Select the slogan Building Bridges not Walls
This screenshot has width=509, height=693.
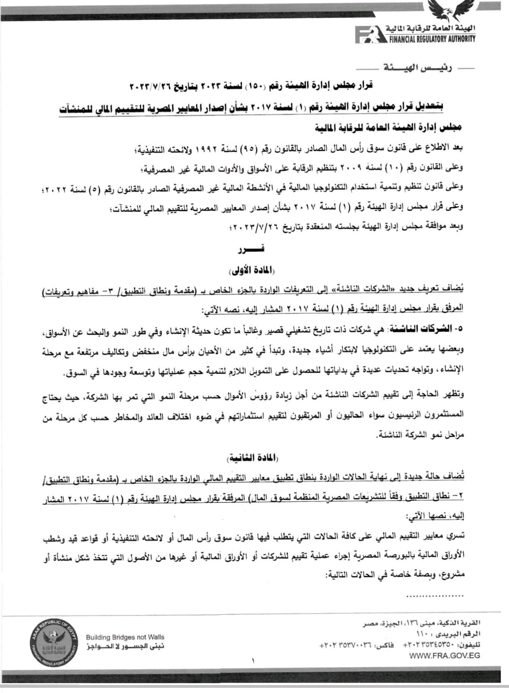125,637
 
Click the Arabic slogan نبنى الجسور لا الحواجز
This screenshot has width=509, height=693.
125,647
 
